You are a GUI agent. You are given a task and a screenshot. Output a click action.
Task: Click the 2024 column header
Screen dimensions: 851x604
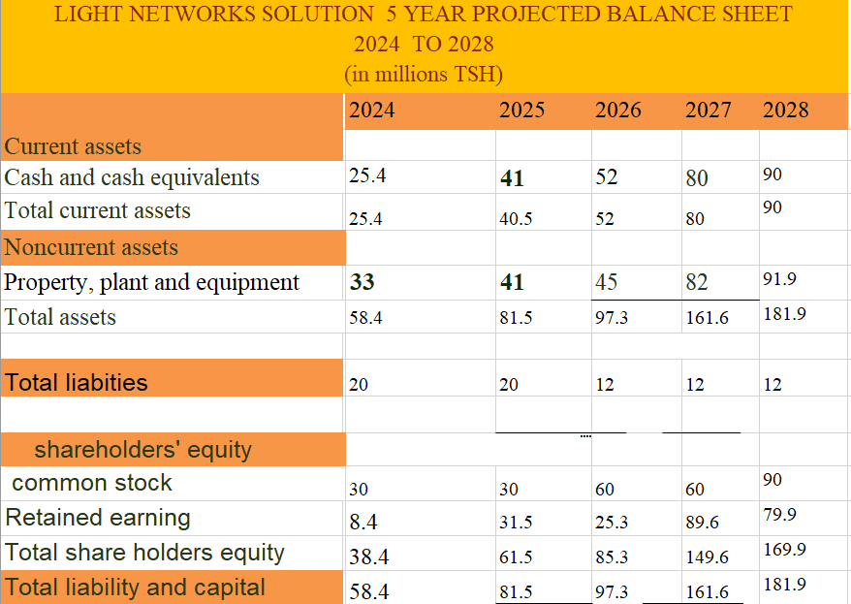coord(372,111)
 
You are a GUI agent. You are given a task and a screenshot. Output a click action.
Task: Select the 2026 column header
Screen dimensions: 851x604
coord(618,111)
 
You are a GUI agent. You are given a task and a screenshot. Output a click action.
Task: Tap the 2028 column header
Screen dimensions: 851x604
coord(786,111)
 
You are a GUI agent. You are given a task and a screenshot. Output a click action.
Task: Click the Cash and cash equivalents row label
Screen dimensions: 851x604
coord(132,178)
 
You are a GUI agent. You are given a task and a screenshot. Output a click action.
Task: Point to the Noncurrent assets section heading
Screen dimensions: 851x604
coord(91,247)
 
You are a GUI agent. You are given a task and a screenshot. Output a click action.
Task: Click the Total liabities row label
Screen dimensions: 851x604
coord(77,383)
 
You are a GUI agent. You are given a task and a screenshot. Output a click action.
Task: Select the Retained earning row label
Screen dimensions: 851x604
coord(98,518)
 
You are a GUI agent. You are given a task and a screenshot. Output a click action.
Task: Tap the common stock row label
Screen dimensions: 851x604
coord(92,483)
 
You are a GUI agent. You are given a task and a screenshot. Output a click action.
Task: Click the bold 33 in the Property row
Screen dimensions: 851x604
coord(362,282)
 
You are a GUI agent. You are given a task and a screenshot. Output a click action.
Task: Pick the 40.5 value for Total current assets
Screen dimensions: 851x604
coord(516,219)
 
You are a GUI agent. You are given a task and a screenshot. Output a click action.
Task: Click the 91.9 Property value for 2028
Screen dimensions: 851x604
coord(780,279)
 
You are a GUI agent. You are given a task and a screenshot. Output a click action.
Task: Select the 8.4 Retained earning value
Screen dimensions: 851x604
coord(363,522)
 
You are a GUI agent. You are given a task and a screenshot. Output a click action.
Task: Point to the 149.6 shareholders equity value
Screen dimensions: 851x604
coord(708,556)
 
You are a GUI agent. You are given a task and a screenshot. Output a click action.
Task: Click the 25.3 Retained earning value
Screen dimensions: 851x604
coord(612,522)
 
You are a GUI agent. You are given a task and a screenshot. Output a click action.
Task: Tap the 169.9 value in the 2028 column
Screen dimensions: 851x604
coord(785,549)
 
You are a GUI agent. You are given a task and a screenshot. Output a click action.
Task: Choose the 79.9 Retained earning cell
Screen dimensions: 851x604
coord(780,515)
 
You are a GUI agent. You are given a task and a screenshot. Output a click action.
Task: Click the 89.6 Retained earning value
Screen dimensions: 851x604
coord(703,522)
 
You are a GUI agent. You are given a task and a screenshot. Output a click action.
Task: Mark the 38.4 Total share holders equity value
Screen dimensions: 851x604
coord(369,556)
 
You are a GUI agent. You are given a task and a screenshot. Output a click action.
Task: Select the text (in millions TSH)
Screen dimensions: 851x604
coord(424,74)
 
